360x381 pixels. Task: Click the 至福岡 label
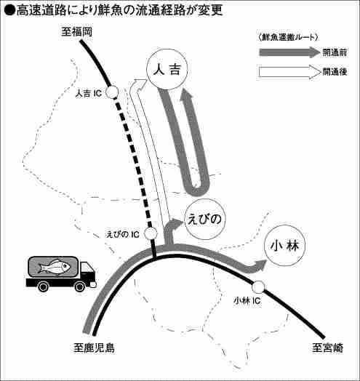click(76, 32)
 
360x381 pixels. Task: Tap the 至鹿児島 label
click(94, 348)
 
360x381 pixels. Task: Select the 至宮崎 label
click(328, 348)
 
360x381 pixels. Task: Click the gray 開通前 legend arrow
click(289, 52)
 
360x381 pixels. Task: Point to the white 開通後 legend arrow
click(289, 72)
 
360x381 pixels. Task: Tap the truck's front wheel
click(80, 286)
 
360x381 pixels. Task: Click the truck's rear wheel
click(43, 286)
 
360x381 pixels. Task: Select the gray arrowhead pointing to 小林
click(260, 265)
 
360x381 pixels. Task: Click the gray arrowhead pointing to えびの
click(176, 222)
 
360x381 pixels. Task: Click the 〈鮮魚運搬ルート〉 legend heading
click(288, 38)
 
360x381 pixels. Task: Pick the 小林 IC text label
click(247, 301)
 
